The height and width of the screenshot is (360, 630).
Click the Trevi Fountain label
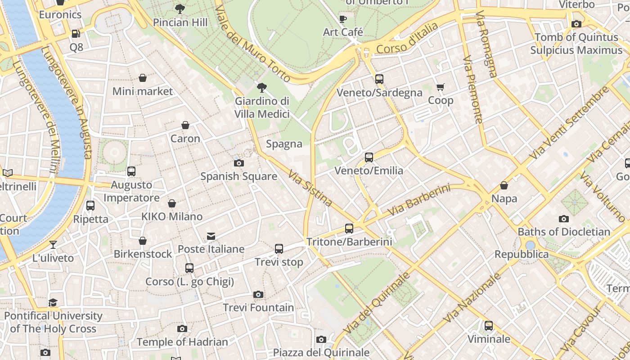[x=258, y=308]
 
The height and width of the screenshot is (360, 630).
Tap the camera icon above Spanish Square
[x=239, y=163]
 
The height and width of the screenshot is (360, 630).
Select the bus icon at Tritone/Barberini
[x=349, y=229]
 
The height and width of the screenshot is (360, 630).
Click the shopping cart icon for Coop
[x=440, y=87]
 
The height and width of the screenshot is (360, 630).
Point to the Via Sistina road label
[x=310, y=188]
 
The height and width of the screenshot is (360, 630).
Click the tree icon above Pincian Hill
[x=180, y=9]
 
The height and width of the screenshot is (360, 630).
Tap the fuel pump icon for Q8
[x=76, y=34]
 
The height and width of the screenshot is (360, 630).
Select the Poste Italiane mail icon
[x=211, y=236]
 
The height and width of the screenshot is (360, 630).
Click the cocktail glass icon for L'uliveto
[x=53, y=245]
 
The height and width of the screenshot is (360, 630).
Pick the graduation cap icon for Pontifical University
[x=53, y=302]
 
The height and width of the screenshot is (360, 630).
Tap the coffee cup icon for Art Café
[x=343, y=19]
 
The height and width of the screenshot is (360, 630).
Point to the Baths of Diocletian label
[x=564, y=232]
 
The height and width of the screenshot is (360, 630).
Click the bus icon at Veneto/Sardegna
[x=379, y=79]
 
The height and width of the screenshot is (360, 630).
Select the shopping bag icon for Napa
[x=504, y=185]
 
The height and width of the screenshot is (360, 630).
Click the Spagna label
[x=284, y=144]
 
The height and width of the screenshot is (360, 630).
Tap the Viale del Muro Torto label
[x=252, y=44]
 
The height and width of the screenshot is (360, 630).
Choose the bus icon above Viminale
[x=489, y=325]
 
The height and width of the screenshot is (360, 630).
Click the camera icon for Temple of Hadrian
[x=182, y=329]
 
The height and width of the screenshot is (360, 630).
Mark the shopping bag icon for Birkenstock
[x=143, y=241]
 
